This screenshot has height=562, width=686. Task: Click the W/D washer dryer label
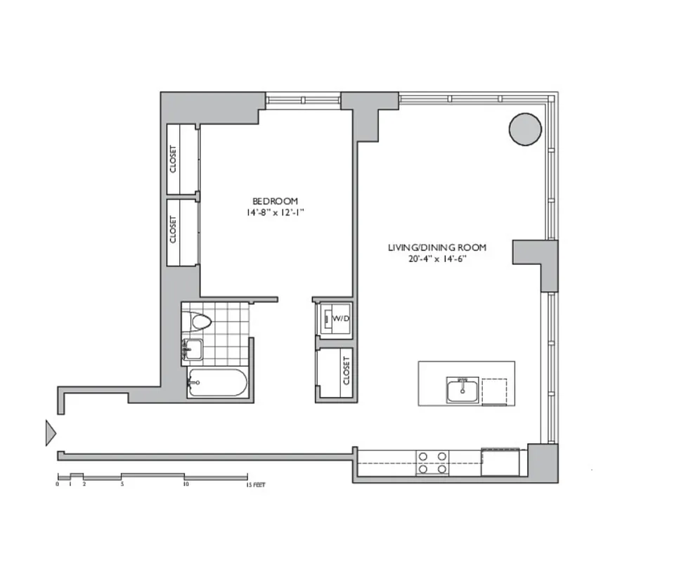click(x=341, y=319)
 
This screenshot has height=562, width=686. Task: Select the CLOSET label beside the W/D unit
click(x=346, y=370)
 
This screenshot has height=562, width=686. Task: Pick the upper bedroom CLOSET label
click(x=173, y=159)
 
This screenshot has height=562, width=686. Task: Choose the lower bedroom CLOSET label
click(x=173, y=230)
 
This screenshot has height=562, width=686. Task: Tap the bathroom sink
click(x=192, y=348)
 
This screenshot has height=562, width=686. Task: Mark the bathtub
click(x=217, y=383)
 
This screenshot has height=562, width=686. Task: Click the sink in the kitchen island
click(x=462, y=390)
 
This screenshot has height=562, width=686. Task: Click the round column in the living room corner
click(x=525, y=129)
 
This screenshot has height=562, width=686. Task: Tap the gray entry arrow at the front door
click(x=50, y=432)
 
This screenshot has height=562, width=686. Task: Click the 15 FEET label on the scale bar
click(x=255, y=485)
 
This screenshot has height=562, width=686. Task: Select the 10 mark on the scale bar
click(x=186, y=485)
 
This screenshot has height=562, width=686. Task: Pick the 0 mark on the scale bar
click(x=58, y=485)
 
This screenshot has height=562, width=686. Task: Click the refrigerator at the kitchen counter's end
click(x=500, y=462)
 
